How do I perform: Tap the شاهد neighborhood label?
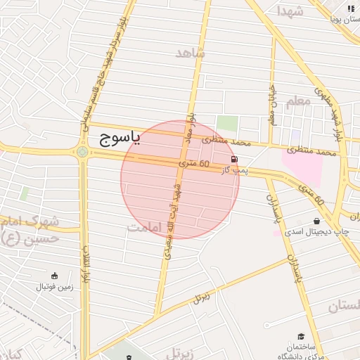point(190,53)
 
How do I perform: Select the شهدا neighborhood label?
point(290,11)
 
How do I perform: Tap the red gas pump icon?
point(233,160)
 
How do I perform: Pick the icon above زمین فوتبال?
point(54,276)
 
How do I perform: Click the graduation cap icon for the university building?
point(301,337)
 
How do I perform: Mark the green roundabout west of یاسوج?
point(82,151)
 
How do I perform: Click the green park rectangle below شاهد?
point(226,123)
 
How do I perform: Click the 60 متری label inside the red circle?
point(195,164)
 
